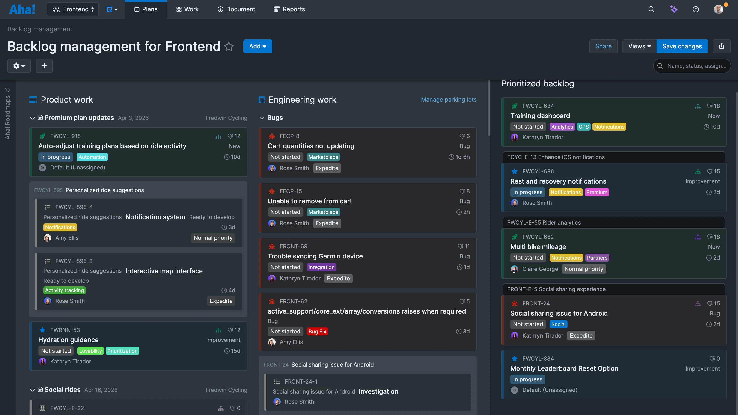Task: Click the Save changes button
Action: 682,46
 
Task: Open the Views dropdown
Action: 639,46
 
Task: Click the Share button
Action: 603,46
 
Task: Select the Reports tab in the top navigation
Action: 289,9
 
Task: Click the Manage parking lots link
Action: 449,100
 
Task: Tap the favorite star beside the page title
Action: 229,46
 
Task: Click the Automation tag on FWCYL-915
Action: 92,157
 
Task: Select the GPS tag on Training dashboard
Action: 583,127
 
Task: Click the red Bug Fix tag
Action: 317,331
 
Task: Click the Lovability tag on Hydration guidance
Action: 90,351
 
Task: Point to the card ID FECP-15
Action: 291,191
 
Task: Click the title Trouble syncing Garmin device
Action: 315,256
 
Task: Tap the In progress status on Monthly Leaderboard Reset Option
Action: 527,379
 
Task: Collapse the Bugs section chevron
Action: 262,118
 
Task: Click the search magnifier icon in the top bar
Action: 651,9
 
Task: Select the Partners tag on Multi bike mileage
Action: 597,258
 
